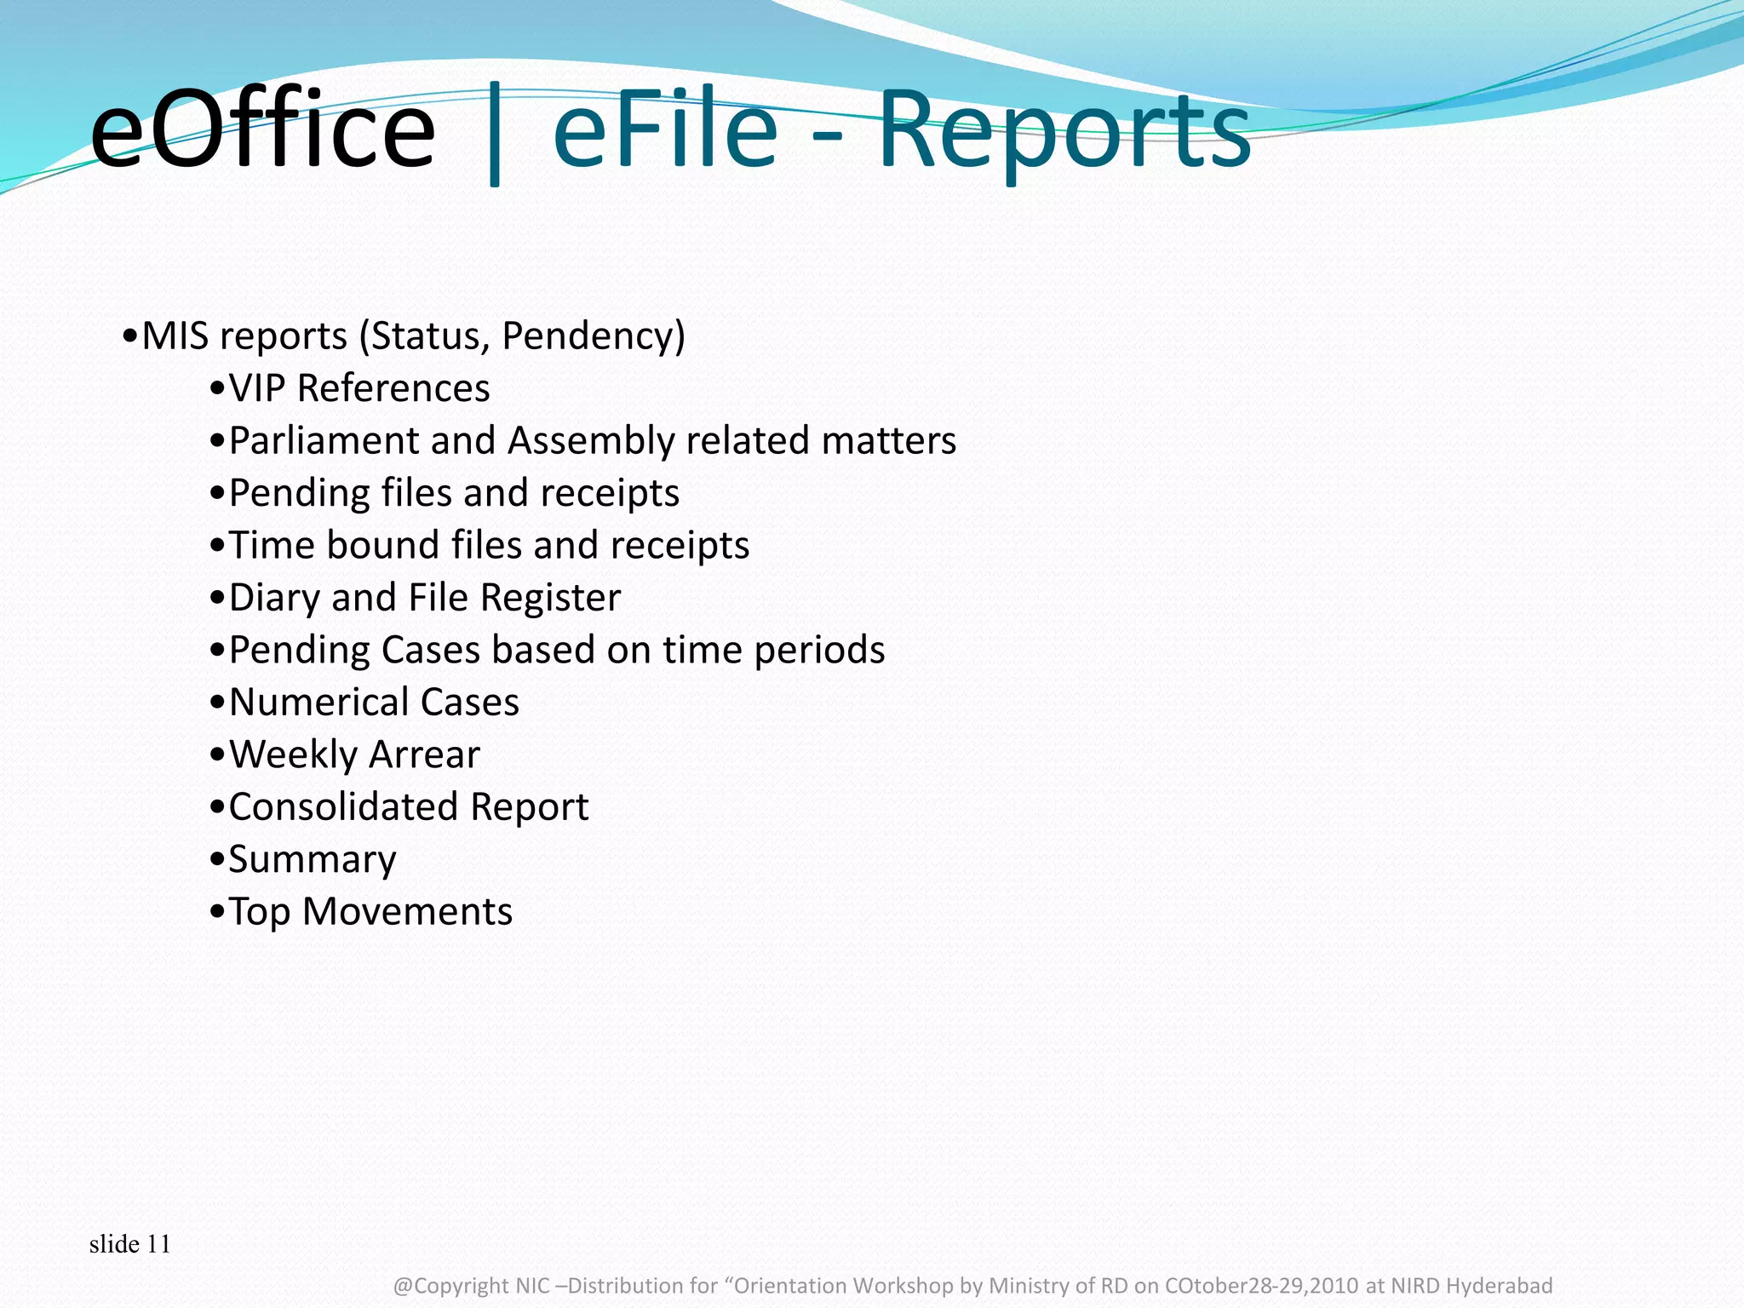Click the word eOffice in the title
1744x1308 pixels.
262,130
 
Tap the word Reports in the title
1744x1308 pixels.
1064,130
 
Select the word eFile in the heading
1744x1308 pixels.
665,130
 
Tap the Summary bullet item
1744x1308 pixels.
313,860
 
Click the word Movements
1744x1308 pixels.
407,912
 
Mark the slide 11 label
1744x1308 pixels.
129,1244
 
